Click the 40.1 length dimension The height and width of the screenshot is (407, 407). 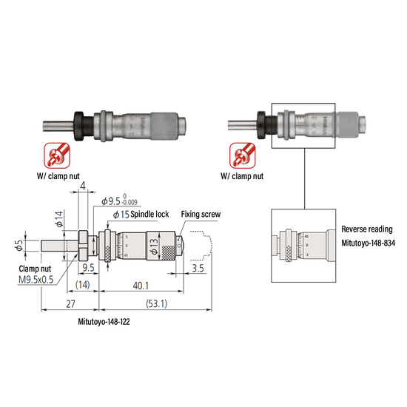tap(141, 286)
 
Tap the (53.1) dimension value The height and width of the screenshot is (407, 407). tap(157, 303)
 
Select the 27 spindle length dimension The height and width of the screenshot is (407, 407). tap(70, 303)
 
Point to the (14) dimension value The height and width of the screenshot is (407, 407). tap(83, 285)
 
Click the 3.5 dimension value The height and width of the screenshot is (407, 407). tap(198, 268)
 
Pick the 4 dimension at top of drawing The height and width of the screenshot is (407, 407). tap(83, 186)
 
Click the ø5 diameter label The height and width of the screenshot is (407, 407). tap(19, 245)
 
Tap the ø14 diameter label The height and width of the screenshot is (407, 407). tap(59, 219)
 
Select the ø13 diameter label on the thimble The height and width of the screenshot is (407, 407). tap(154, 246)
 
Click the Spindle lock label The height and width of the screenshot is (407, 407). tap(149, 214)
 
